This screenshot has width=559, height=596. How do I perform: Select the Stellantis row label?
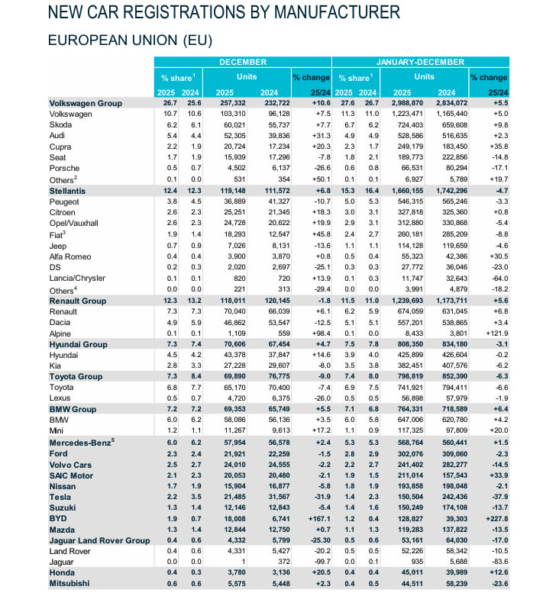coord(67,189)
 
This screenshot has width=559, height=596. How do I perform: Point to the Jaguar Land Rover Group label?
coord(99,540)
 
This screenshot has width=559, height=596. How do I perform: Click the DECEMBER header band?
coord(243,61)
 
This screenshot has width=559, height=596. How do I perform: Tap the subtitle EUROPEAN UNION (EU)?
coord(129,39)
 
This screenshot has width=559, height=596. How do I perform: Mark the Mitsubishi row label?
coord(69,584)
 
